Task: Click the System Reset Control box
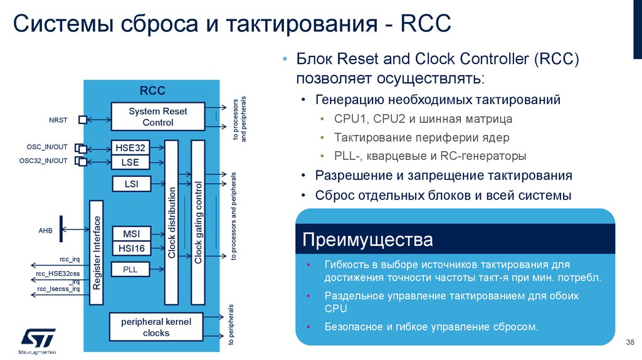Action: click(x=157, y=117)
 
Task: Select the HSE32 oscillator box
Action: click(x=130, y=148)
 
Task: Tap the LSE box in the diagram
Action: click(x=130, y=162)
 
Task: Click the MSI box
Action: click(x=130, y=233)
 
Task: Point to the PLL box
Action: click(x=130, y=270)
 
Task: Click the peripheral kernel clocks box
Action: click(x=156, y=327)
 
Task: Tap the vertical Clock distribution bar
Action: click(x=172, y=223)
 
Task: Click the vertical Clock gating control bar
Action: click(x=197, y=223)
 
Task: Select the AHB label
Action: click(x=46, y=230)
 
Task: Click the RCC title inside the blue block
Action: click(x=152, y=91)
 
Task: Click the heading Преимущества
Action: click(x=367, y=240)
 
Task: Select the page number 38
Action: click(x=630, y=342)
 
